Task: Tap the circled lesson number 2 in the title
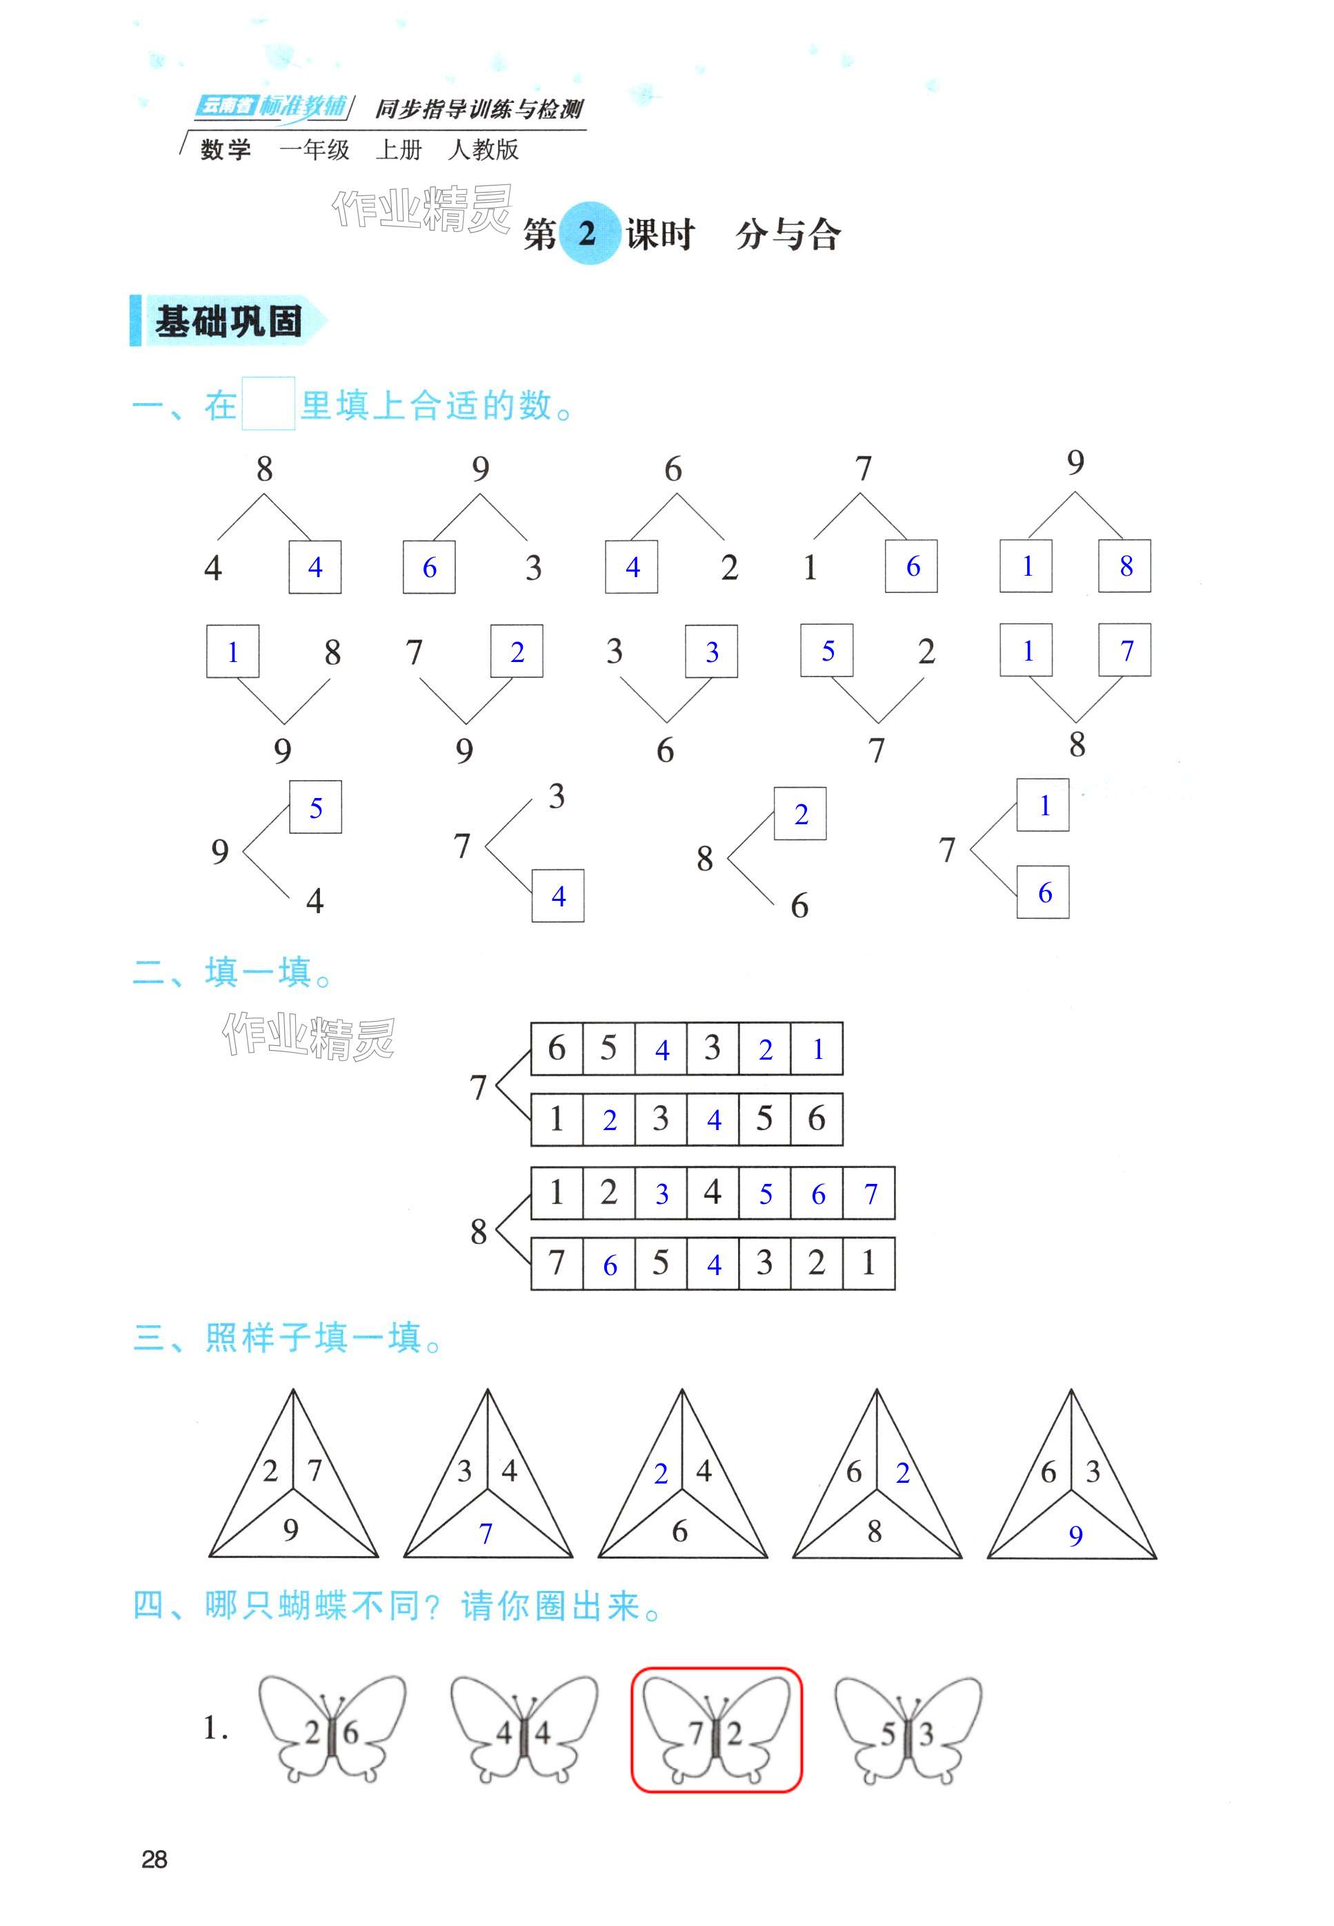click(x=587, y=233)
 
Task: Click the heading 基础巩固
click(x=228, y=321)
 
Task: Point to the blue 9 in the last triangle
click(x=1076, y=1535)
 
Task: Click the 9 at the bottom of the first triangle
click(x=291, y=1530)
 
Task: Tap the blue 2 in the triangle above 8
click(x=903, y=1472)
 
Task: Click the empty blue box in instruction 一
click(x=268, y=404)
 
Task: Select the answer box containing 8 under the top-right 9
click(x=1125, y=566)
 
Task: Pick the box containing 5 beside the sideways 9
click(x=316, y=807)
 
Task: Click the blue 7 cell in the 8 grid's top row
click(x=870, y=1194)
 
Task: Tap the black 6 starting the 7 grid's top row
click(x=557, y=1048)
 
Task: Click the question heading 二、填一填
click(x=233, y=973)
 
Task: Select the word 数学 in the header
click(x=226, y=150)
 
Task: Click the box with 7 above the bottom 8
click(x=1125, y=650)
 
